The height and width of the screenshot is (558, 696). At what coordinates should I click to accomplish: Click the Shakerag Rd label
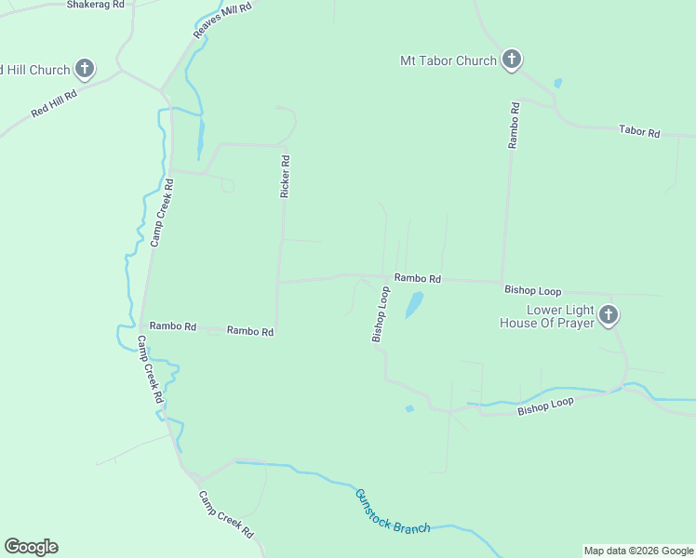[96, 5]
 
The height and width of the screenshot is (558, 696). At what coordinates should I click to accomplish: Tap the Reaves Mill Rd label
[222, 20]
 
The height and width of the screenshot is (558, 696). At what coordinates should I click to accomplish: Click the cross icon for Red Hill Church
[85, 68]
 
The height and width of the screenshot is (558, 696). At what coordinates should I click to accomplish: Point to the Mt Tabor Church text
[448, 61]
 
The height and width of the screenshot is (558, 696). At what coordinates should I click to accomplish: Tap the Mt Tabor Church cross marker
[511, 60]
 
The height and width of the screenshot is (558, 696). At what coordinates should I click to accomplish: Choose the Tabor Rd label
[639, 132]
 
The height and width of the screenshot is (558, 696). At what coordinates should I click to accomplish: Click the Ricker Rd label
[286, 176]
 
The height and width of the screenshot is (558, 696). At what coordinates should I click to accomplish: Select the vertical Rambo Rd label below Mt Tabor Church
[514, 126]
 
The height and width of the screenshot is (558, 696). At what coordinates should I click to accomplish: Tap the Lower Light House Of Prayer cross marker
[609, 315]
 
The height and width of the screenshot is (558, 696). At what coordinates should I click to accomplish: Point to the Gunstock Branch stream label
[392, 512]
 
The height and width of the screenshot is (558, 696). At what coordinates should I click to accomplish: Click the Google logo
[31, 547]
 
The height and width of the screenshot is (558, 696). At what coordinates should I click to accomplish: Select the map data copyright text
[638, 551]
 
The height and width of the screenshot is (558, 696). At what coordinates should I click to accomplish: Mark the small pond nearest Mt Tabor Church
[557, 83]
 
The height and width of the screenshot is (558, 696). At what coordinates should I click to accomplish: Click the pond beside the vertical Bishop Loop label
[413, 304]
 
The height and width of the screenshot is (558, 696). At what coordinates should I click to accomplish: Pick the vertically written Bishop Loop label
[380, 314]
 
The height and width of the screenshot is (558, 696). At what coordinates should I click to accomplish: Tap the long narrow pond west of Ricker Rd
[200, 139]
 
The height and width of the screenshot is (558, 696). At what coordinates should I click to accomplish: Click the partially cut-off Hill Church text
[34, 70]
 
